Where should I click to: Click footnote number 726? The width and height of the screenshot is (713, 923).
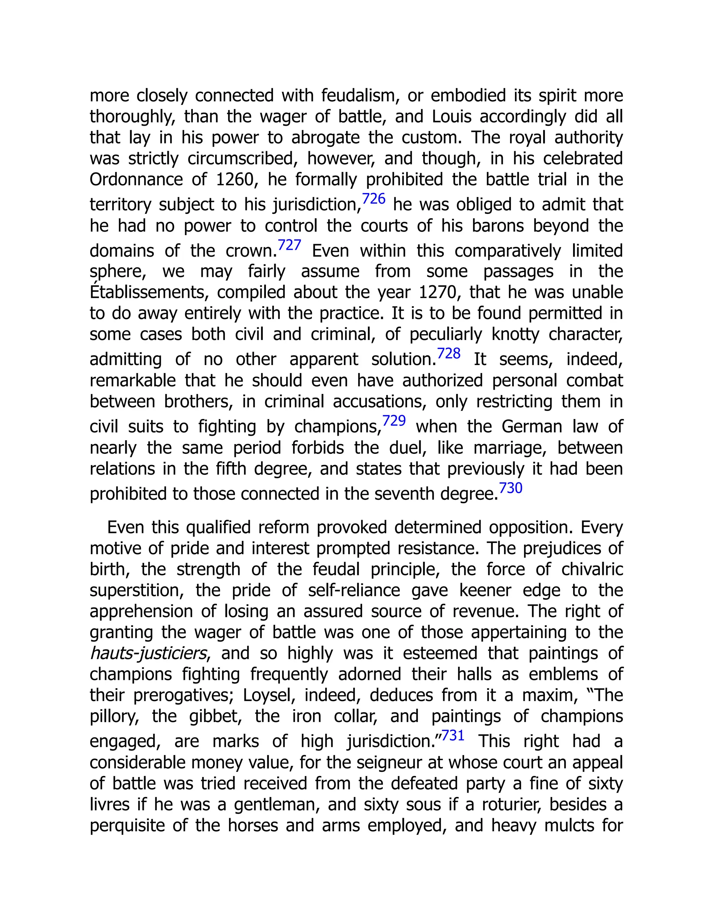point(374,199)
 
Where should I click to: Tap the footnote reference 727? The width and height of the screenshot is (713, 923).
point(289,245)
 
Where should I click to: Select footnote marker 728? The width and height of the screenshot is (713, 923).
point(448,353)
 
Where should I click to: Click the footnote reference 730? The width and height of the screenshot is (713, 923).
point(511,488)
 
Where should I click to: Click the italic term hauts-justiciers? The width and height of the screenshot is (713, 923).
point(148,653)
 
